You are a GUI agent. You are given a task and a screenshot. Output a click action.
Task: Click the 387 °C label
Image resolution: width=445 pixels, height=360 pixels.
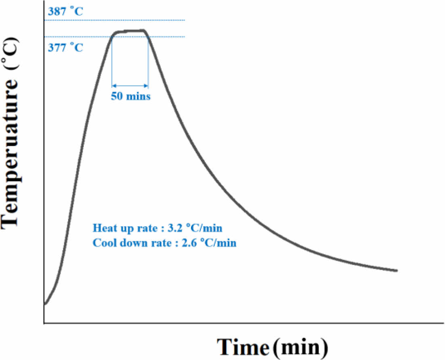point(65,11)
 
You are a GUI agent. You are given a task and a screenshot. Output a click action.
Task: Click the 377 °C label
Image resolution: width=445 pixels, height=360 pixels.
point(65,48)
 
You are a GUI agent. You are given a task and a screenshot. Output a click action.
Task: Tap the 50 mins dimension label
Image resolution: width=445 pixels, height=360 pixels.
point(130,97)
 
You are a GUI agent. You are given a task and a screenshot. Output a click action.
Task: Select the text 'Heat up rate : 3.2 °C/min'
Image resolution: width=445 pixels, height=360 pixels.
point(157,228)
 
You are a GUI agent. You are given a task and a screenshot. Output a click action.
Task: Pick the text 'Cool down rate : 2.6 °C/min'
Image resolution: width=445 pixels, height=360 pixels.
point(164,243)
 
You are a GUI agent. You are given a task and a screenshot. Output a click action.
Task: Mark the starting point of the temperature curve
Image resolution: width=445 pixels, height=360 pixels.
point(45,303)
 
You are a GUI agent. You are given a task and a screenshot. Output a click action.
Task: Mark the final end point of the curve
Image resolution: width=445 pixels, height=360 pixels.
point(397,270)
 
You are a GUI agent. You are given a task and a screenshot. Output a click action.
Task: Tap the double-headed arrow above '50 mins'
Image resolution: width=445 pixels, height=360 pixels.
point(130,86)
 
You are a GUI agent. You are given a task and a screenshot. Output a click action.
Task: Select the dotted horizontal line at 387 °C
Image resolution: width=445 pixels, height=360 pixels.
point(121,20)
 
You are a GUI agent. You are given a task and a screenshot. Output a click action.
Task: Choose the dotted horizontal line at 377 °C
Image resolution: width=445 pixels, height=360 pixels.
point(81,37)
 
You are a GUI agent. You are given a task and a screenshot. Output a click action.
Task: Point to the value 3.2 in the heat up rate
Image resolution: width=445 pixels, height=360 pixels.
point(172,228)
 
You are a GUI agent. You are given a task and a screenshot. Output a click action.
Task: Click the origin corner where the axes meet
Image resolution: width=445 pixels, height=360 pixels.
point(44,323)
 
